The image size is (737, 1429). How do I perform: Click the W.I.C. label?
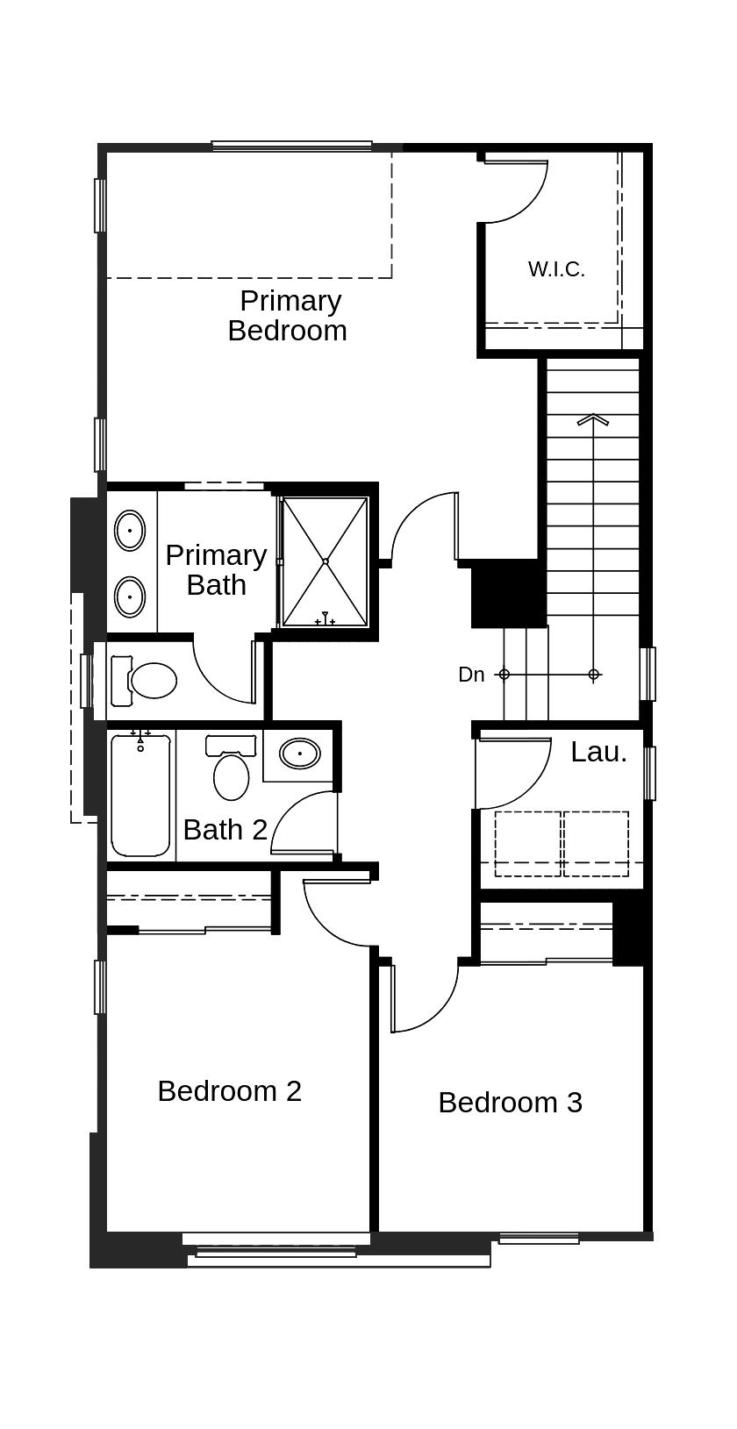556,269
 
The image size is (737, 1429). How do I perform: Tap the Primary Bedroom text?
289,316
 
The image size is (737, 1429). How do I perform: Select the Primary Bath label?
216,570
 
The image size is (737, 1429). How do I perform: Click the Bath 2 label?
225,830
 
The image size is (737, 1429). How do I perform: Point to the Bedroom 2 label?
230,1091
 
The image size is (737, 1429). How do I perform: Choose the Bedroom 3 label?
510,1103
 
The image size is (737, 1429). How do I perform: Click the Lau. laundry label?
598,753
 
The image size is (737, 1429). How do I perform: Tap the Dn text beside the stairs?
471,675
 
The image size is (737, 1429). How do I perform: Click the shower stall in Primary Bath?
325,561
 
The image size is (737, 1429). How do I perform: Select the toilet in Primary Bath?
149,680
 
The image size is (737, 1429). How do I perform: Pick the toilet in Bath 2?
231,772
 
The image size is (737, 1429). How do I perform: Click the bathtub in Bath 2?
140,797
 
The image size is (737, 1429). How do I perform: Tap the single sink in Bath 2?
299,754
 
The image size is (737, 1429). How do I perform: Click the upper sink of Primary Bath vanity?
130,530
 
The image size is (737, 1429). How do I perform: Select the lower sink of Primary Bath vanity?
130,597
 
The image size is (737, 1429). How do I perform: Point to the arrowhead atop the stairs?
593,420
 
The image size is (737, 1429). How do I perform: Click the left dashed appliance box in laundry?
527,844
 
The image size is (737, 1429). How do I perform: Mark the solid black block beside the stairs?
508,594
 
